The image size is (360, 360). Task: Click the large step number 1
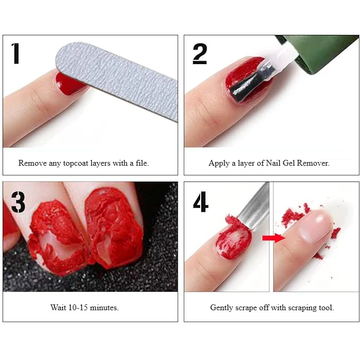tap(15, 53)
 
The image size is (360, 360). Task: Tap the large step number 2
tap(200, 53)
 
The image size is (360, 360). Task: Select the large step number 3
tap(18, 202)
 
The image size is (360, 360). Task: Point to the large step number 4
tap(201, 202)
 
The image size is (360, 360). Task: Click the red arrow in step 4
tap(274, 238)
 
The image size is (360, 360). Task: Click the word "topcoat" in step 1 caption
tap(76, 163)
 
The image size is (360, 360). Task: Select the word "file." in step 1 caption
tap(142, 163)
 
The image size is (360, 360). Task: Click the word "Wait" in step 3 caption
tap(58, 308)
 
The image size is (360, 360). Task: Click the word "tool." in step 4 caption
tap(326, 308)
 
